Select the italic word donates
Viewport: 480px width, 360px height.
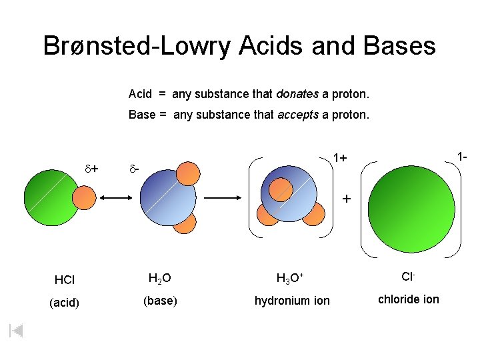point(298,94)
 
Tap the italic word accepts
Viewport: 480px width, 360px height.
point(297,115)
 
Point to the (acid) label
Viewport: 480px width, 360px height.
point(65,303)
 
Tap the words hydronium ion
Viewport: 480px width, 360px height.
point(292,301)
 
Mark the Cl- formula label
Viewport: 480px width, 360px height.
point(408,276)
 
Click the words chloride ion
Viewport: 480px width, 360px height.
point(408,299)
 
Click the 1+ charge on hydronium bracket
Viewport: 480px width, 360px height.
point(340,158)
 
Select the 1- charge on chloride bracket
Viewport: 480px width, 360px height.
point(462,157)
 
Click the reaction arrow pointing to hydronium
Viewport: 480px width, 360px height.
point(225,198)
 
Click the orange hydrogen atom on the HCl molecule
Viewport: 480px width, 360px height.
point(84,198)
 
